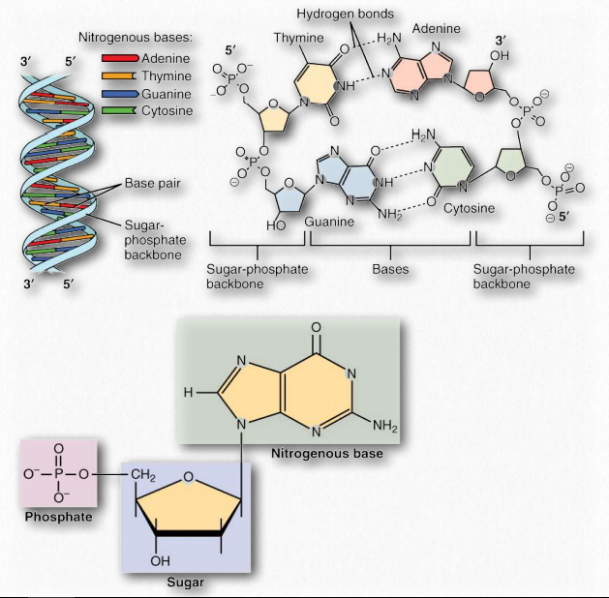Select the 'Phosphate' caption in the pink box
[x=58, y=517]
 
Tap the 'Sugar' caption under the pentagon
[x=186, y=583]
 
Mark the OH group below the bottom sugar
[x=160, y=558]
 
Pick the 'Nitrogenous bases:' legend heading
[x=135, y=38]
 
